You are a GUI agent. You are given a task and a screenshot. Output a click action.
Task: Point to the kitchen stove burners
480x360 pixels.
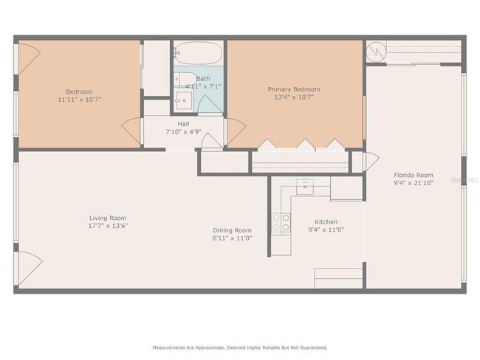[281, 223]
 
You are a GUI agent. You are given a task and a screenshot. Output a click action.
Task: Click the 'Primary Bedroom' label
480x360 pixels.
[293, 89]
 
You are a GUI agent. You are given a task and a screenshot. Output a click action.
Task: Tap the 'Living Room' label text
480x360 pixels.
[108, 218]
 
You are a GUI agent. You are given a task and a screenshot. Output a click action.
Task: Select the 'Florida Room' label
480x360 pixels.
[413, 175]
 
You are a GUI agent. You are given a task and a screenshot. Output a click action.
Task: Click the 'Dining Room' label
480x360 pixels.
[232, 230]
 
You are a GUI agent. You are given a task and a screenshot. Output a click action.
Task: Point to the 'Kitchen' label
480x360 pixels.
[326, 222]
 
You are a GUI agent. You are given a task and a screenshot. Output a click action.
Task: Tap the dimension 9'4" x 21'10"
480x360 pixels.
[413, 183]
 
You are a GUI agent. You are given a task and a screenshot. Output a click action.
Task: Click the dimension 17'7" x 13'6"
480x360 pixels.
[108, 226]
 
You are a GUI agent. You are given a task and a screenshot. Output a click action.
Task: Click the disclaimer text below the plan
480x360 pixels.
[239, 347]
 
